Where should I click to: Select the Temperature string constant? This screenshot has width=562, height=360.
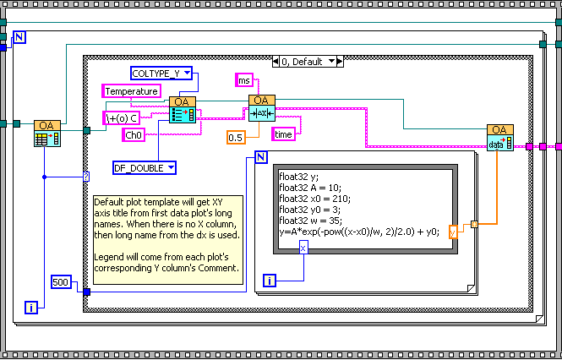[x=131, y=90]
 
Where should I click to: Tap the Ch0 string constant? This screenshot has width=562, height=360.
[x=134, y=134]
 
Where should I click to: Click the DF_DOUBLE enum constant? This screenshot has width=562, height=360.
[x=145, y=168]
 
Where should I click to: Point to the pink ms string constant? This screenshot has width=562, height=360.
[x=244, y=79]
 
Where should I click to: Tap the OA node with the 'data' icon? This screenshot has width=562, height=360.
[x=499, y=140]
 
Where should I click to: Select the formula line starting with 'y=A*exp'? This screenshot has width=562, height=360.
[x=358, y=231]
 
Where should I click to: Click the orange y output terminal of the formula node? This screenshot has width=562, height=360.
[x=453, y=230]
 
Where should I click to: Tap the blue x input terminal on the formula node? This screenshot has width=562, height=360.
[x=303, y=247]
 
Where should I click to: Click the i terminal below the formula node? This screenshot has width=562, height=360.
[x=270, y=280]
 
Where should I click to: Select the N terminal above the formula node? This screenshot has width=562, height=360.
[x=260, y=157]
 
